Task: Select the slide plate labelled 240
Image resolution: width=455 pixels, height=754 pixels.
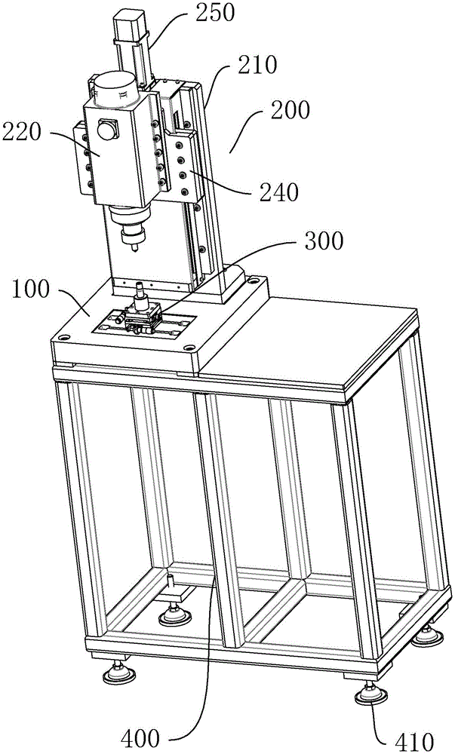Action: [186, 169]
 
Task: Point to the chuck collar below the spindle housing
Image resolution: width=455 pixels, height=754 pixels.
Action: [129, 222]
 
